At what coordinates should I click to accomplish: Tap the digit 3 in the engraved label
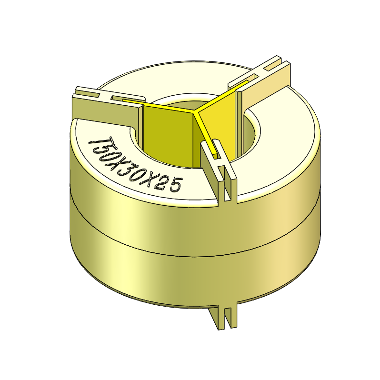(125, 167)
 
